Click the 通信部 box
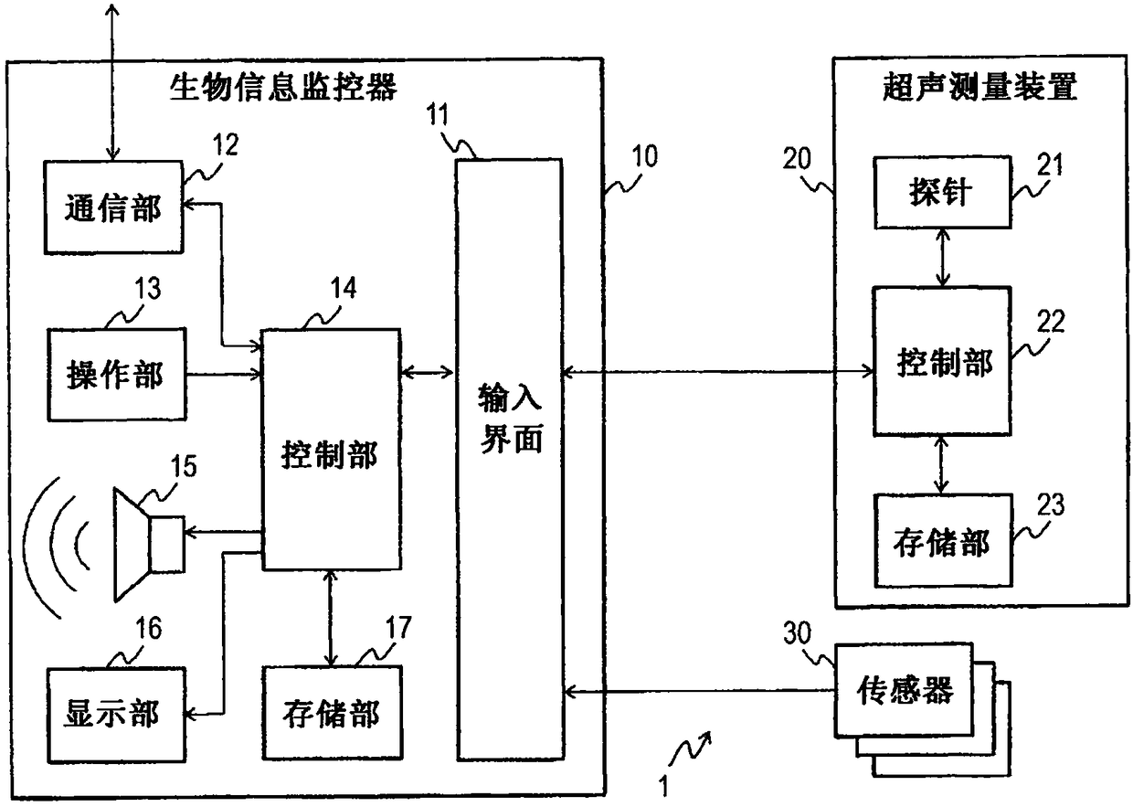pyautogui.click(x=113, y=207)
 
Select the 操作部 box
pyautogui.click(x=117, y=375)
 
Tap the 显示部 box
pyautogui.click(x=116, y=715)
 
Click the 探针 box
pyautogui.click(x=943, y=192)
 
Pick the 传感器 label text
pyautogui.click(x=904, y=690)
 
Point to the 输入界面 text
pyautogui.click(x=510, y=418)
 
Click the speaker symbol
pyautogui.click(x=149, y=545)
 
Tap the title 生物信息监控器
pyautogui.click(x=283, y=88)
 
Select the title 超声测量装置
pyautogui.click(x=979, y=87)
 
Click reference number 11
pyautogui.click(x=438, y=114)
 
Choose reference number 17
pyautogui.click(x=398, y=628)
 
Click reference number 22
pyautogui.click(x=1051, y=321)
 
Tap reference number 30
pyautogui.click(x=797, y=632)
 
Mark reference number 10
pyautogui.click(x=644, y=156)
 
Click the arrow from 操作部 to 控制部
pyautogui.click(x=224, y=375)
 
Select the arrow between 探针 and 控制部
pyautogui.click(x=942, y=258)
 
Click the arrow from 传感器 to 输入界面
pyautogui.click(x=700, y=690)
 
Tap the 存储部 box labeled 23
pyautogui.click(x=943, y=540)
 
